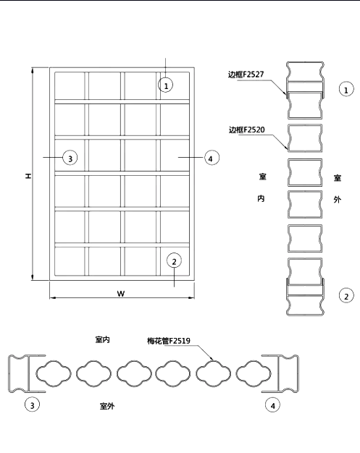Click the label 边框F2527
point(246,75)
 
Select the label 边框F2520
point(247,130)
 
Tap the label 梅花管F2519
point(169,341)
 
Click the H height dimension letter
point(28,176)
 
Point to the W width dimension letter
point(121,294)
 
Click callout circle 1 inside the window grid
point(166,85)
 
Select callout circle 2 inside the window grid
point(174,261)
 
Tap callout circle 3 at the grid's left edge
point(70,158)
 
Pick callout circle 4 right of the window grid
point(212,158)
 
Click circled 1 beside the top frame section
point(346,90)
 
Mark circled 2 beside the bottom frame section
point(346,295)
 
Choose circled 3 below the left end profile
point(32,405)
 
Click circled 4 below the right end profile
point(272,405)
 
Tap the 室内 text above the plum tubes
point(102,339)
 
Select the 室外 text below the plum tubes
point(107,406)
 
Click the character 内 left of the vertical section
point(261,198)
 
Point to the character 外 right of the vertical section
point(337,199)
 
